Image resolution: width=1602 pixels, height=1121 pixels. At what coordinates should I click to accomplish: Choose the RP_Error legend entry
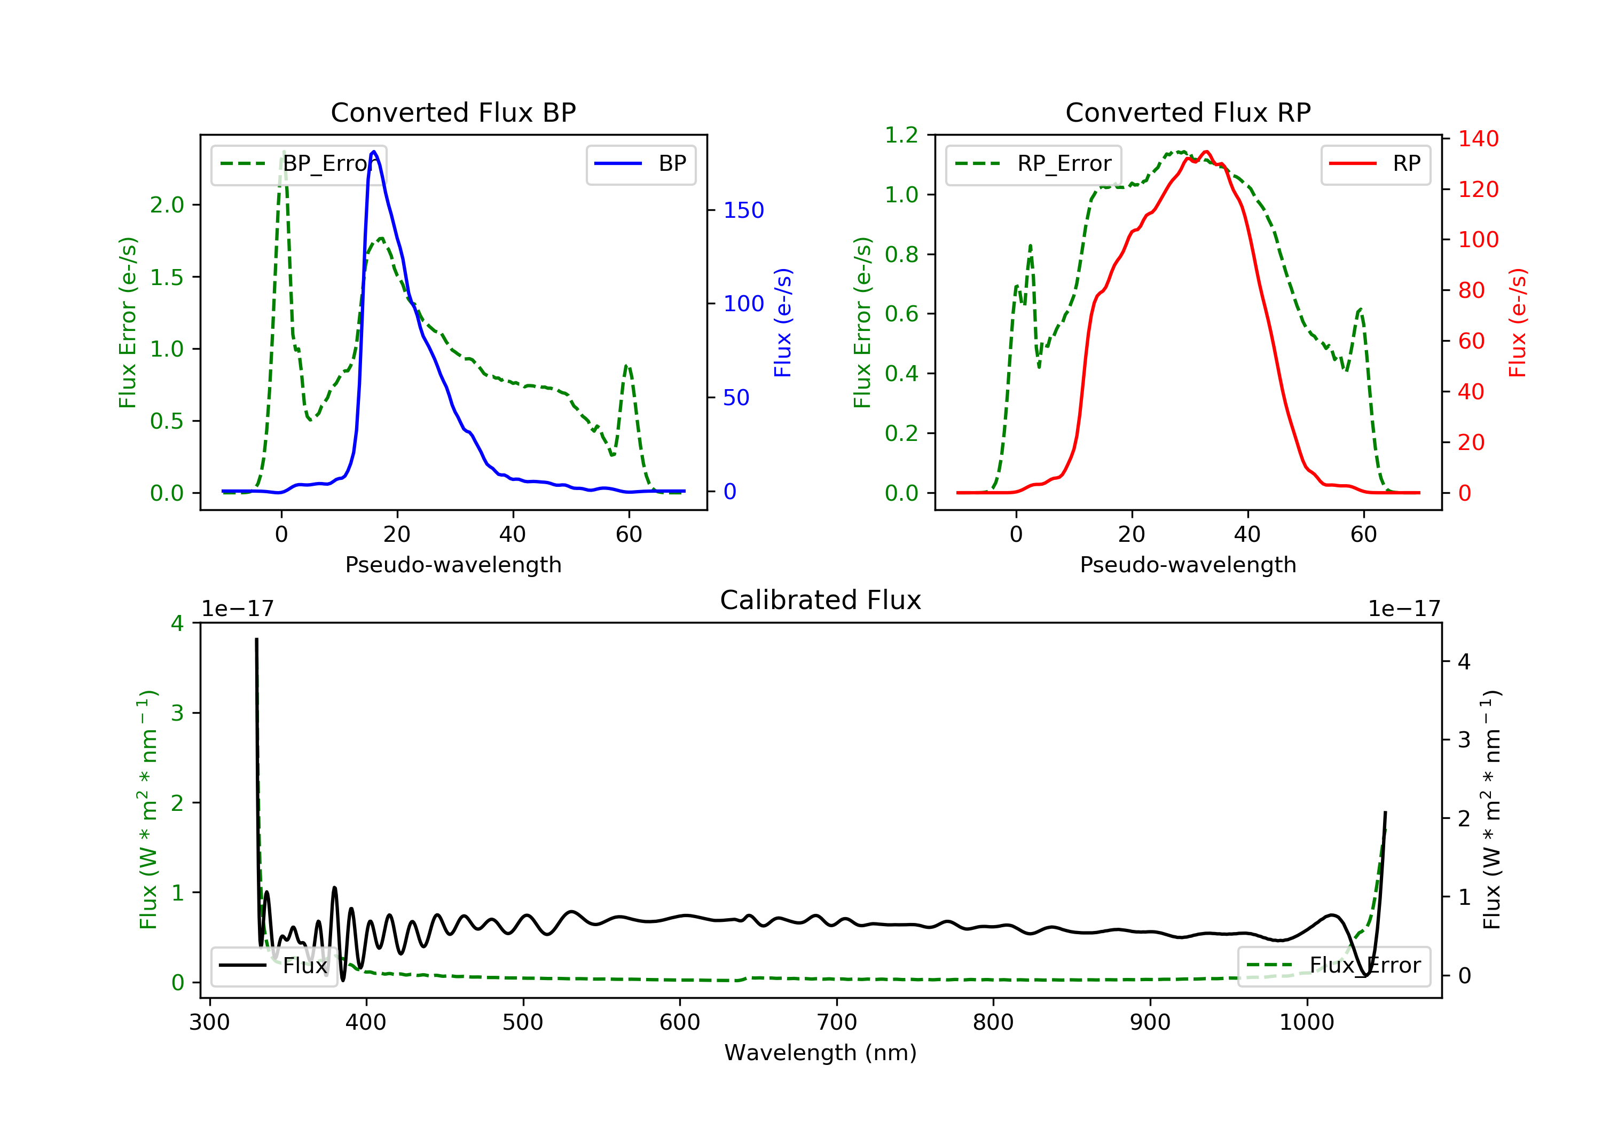[x=1033, y=164]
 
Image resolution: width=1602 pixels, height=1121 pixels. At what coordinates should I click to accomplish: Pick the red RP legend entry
[x=1375, y=164]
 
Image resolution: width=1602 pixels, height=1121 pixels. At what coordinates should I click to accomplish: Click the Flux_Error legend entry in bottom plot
[x=1333, y=966]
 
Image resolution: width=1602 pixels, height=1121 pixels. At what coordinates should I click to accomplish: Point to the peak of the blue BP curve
[x=374, y=152]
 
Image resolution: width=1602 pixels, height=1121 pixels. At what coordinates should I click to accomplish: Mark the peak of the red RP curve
[x=1206, y=152]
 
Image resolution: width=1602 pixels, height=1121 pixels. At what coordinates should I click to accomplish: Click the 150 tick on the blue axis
[x=743, y=210]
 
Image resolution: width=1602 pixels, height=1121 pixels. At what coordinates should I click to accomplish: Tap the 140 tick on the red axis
[x=1478, y=139]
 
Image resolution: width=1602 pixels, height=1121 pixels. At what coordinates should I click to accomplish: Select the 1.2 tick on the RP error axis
[x=901, y=135]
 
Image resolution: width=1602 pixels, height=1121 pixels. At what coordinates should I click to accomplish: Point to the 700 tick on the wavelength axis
[x=837, y=1023]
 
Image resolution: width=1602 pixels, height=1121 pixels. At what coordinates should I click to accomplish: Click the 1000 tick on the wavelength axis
[x=1306, y=1023]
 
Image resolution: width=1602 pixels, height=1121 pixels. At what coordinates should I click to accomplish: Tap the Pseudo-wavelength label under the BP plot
[x=453, y=564]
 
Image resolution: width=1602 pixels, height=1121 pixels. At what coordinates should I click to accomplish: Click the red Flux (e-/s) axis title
[x=1518, y=323]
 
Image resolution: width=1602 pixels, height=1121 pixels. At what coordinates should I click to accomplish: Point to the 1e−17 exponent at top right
[x=1404, y=609]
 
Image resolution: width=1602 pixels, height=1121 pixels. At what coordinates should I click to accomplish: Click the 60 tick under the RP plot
[x=1363, y=534]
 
